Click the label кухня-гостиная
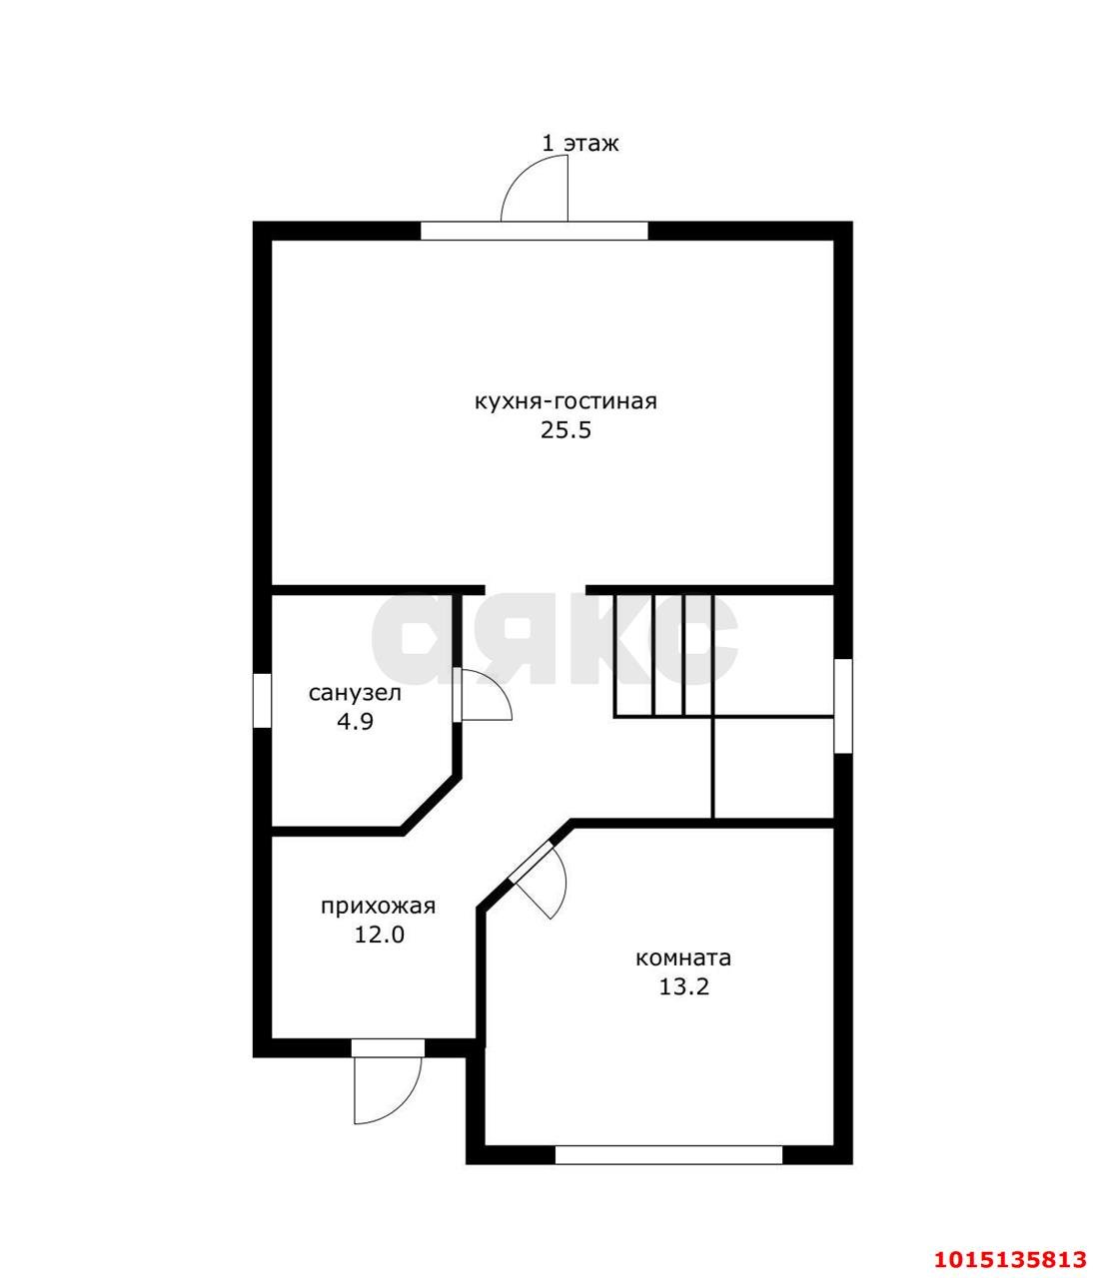click(x=566, y=401)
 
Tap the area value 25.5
click(x=565, y=430)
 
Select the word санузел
click(x=355, y=693)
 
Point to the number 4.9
click(x=355, y=722)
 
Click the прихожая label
click(x=378, y=907)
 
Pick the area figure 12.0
click(x=380, y=935)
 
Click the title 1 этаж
click(x=580, y=144)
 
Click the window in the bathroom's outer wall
click(x=262, y=700)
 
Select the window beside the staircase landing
click(x=843, y=706)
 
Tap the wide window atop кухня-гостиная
click(x=535, y=231)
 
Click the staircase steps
click(x=663, y=655)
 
